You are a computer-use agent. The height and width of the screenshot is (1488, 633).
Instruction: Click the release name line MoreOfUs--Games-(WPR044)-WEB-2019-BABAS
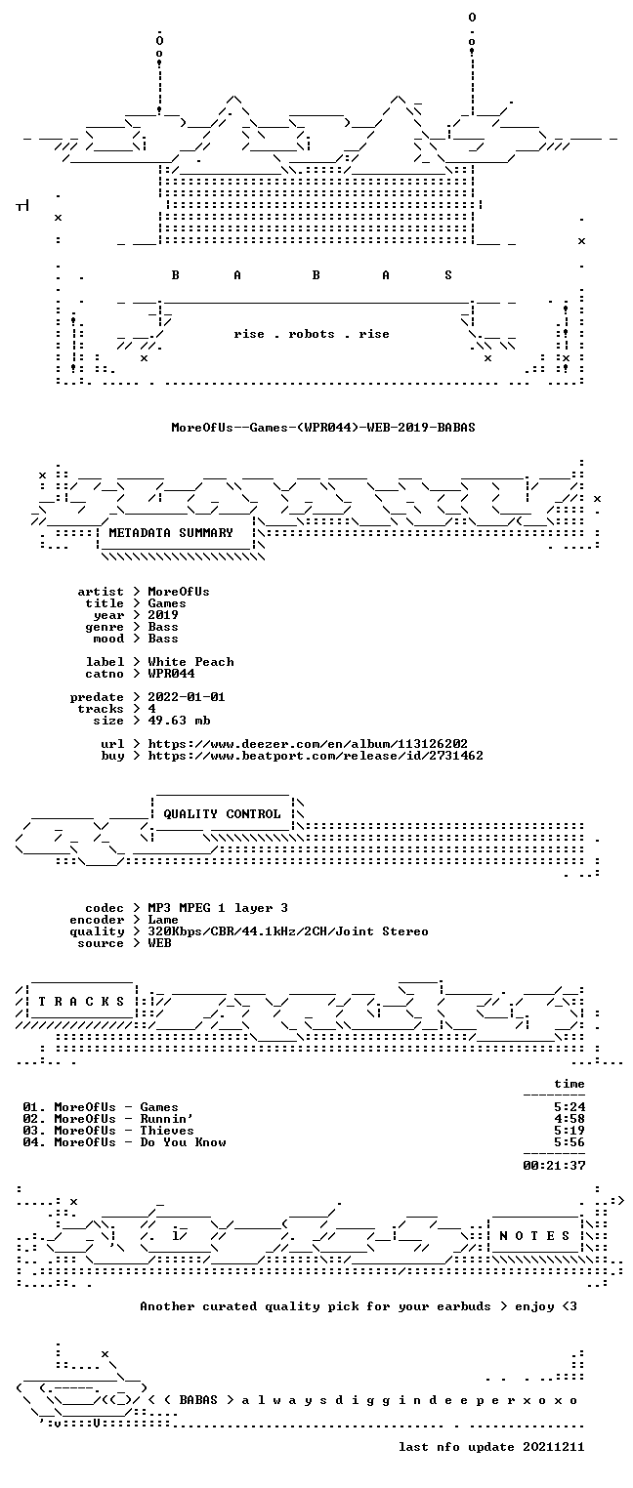pos(323,428)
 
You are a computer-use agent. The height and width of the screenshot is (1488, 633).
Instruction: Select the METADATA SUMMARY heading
pos(171,533)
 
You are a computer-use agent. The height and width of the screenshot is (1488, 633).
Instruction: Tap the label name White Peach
pos(190,662)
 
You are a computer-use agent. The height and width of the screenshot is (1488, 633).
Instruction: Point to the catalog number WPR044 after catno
pos(172,674)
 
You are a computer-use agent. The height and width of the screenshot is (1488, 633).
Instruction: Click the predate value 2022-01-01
pos(187,697)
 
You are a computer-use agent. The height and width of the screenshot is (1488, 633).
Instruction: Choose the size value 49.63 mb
pos(179,721)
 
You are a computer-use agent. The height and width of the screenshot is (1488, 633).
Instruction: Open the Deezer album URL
pos(307,744)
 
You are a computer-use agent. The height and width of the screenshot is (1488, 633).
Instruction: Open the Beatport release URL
pos(316,756)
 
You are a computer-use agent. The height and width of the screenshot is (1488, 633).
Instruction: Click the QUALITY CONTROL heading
pos(222,814)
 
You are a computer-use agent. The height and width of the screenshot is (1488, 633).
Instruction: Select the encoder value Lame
pos(163,920)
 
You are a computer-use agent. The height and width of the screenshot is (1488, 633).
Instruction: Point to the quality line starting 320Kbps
pos(288,932)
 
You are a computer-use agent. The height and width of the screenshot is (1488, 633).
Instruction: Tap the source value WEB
pos(159,943)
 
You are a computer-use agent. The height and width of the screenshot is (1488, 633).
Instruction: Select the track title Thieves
pos(167,1132)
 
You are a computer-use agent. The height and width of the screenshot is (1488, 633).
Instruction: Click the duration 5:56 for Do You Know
pos(570,1142)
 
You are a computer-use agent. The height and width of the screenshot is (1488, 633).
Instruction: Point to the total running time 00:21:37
pos(554,1166)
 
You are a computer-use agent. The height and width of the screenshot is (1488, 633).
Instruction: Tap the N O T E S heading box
pos(534,1236)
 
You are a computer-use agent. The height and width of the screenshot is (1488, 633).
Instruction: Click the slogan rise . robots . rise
pos(312,334)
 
